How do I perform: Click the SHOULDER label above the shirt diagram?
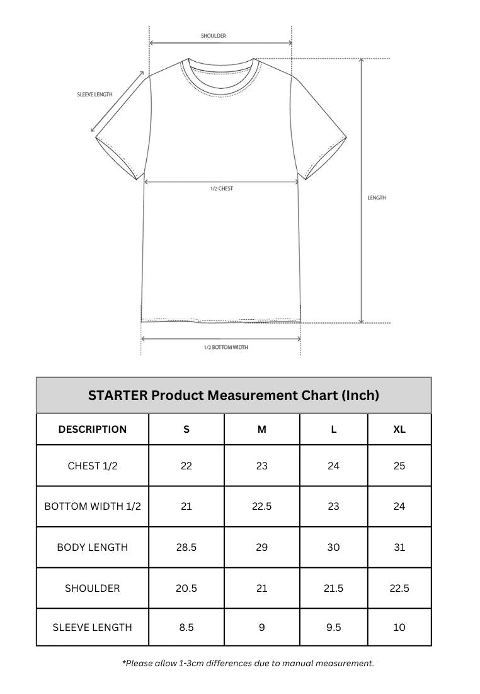[214, 36]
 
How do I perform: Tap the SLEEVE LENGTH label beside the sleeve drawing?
[94, 95]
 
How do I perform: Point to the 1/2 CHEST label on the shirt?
[222, 189]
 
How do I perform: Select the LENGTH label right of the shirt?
[377, 198]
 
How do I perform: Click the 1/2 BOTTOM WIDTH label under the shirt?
[226, 348]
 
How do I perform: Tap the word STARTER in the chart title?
[118, 396]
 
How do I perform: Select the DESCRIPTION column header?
[93, 430]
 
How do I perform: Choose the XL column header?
[399, 430]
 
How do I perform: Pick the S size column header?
[186, 430]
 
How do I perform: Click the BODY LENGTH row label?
[93, 548]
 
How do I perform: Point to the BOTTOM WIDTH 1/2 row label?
[93, 507]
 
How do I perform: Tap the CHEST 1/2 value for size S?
[186, 466]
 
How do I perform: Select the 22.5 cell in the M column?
[262, 507]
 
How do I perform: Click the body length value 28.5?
[186, 548]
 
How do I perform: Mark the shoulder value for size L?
[334, 589]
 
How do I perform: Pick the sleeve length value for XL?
[399, 628]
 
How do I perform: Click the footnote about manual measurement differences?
[248, 663]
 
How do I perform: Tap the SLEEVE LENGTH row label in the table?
[93, 628]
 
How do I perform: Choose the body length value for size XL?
[399, 548]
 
